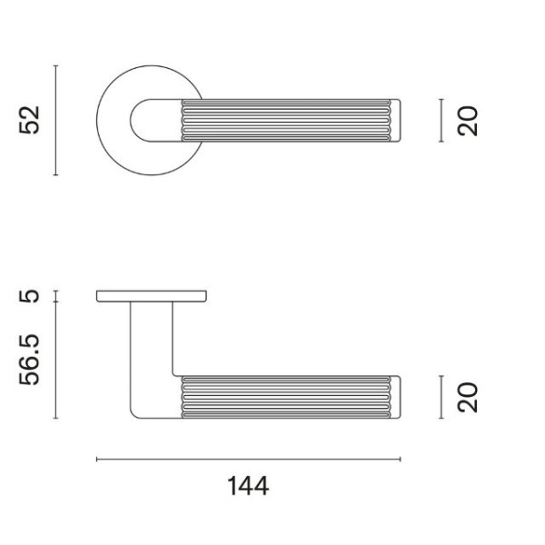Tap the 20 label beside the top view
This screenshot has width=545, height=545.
coord(469,121)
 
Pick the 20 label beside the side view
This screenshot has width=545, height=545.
coord(469,397)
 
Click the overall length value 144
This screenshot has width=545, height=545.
coord(247,487)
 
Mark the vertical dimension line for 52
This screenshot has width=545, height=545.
coord(56,120)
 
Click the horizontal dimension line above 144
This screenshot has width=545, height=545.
coord(247,460)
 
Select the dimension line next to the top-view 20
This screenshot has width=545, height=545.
coord(441,121)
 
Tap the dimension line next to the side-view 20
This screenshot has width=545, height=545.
coord(441,397)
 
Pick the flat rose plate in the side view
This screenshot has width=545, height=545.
coord(151,295)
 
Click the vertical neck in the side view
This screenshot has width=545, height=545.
coord(151,354)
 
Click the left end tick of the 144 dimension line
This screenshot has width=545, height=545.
coord(96,460)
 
